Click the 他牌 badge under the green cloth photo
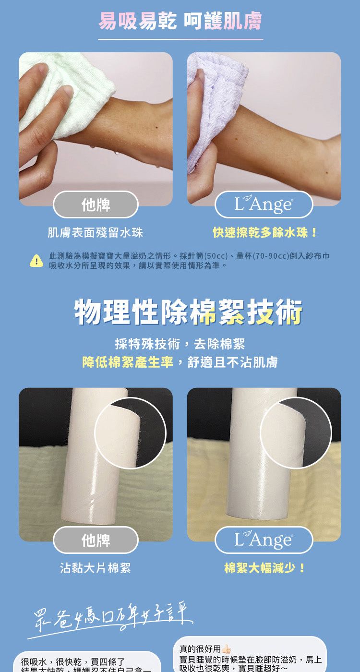[96, 205]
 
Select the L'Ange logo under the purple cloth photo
[264, 205]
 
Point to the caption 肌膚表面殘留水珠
[95, 233]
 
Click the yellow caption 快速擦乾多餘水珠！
[265, 233]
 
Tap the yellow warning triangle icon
[36, 260]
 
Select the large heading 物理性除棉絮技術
[188, 312]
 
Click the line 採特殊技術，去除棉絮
[180, 344]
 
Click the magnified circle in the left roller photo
[130, 433]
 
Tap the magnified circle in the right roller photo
[296, 433]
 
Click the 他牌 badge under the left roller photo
[96, 540]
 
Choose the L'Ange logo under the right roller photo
[264, 540]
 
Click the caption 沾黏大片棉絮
[95, 569]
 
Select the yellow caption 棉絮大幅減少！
[265, 569]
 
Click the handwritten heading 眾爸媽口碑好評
[110, 614]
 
